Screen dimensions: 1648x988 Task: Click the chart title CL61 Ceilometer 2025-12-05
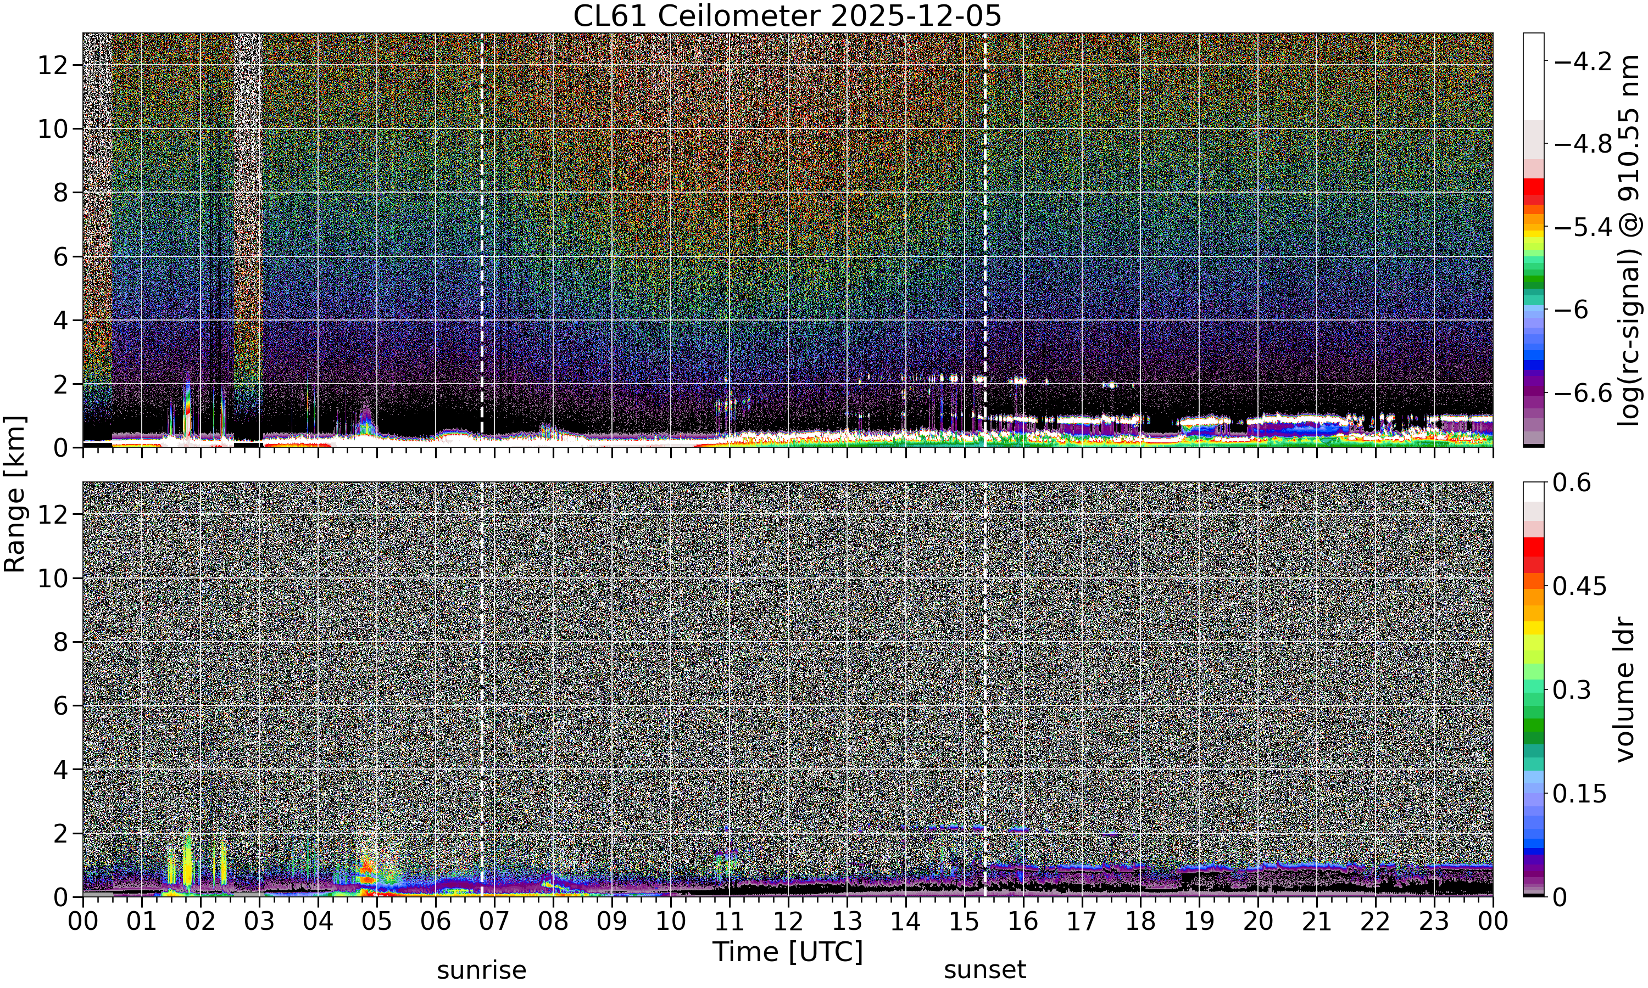click(x=787, y=16)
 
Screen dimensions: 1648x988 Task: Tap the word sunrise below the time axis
click(x=482, y=970)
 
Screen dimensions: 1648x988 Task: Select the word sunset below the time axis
click(x=985, y=970)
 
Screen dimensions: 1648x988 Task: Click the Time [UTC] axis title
click(x=787, y=952)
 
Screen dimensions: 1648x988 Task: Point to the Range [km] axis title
click(x=15, y=495)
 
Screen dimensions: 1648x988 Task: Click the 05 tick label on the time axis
click(x=376, y=922)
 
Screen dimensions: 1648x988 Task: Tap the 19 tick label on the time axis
click(x=1199, y=922)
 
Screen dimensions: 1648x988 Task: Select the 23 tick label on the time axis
click(x=1434, y=922)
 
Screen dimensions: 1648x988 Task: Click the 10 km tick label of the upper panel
click(x=52, y=129)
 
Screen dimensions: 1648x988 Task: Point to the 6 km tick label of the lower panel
click(x=60, y=706)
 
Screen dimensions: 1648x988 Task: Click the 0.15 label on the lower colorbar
click(x=1579, y=794)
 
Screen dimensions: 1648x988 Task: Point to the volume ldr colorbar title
click(x=1625, y=690)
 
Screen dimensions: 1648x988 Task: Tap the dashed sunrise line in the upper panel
click(x=482, y=240)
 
